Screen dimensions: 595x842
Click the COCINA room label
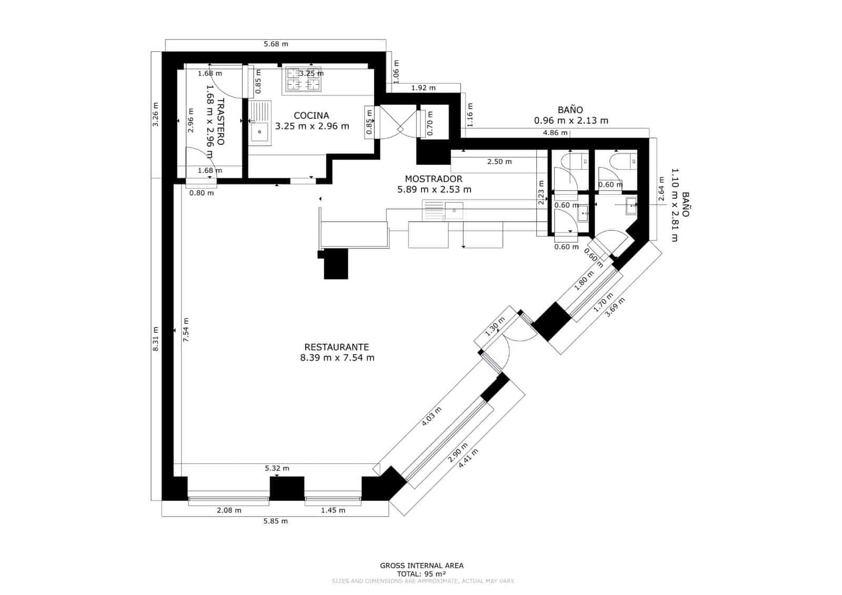pyautogui.click(x=312, y=115)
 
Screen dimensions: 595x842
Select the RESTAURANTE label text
pyautogui.click(x=336, y=347)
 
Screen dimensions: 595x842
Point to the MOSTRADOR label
pyautogui.click(x=434, y=179)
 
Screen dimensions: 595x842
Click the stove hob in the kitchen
pyautogui.click(x=304, y=78)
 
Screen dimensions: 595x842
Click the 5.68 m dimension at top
pyautogui.click(x=276, y=44)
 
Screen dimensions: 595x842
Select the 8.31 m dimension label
pyautogui.click(x=155, y=343)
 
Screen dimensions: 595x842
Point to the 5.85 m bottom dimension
pyautogui.click(x=276, y=521)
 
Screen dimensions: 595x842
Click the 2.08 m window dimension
pyautogui.click(x=229, y=510)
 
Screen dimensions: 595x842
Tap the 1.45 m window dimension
pyautogui.click(x=333, y=510)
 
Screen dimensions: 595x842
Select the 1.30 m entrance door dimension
pyautogui.click(x=495, y=326)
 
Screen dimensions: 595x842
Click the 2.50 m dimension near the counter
pyautogui.click(x=499, y=162)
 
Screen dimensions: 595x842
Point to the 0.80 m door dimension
pyautogui.click(x=202, y=193)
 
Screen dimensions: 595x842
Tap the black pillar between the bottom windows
pyautogui.click(x=287, y=488)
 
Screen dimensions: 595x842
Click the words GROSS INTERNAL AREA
pyautogui.click(x=422, y=566)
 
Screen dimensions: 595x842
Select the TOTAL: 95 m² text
pyautogui.click(x=422, y=573)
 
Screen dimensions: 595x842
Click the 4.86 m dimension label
pyautogui.click(x=555, y=133)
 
